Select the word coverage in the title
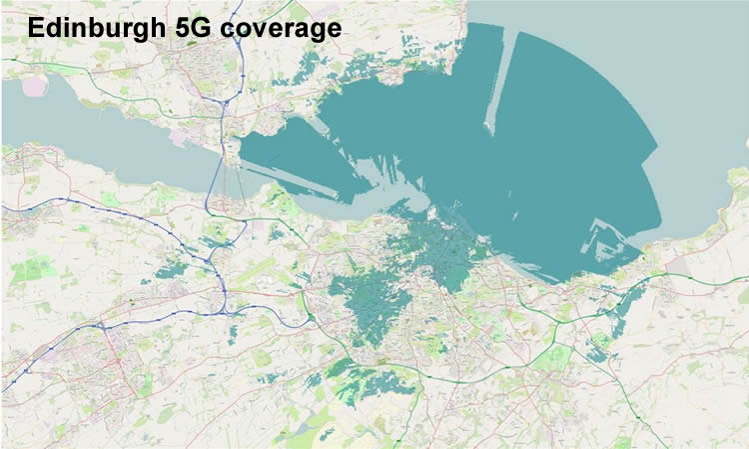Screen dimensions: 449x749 tap(282, 30)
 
